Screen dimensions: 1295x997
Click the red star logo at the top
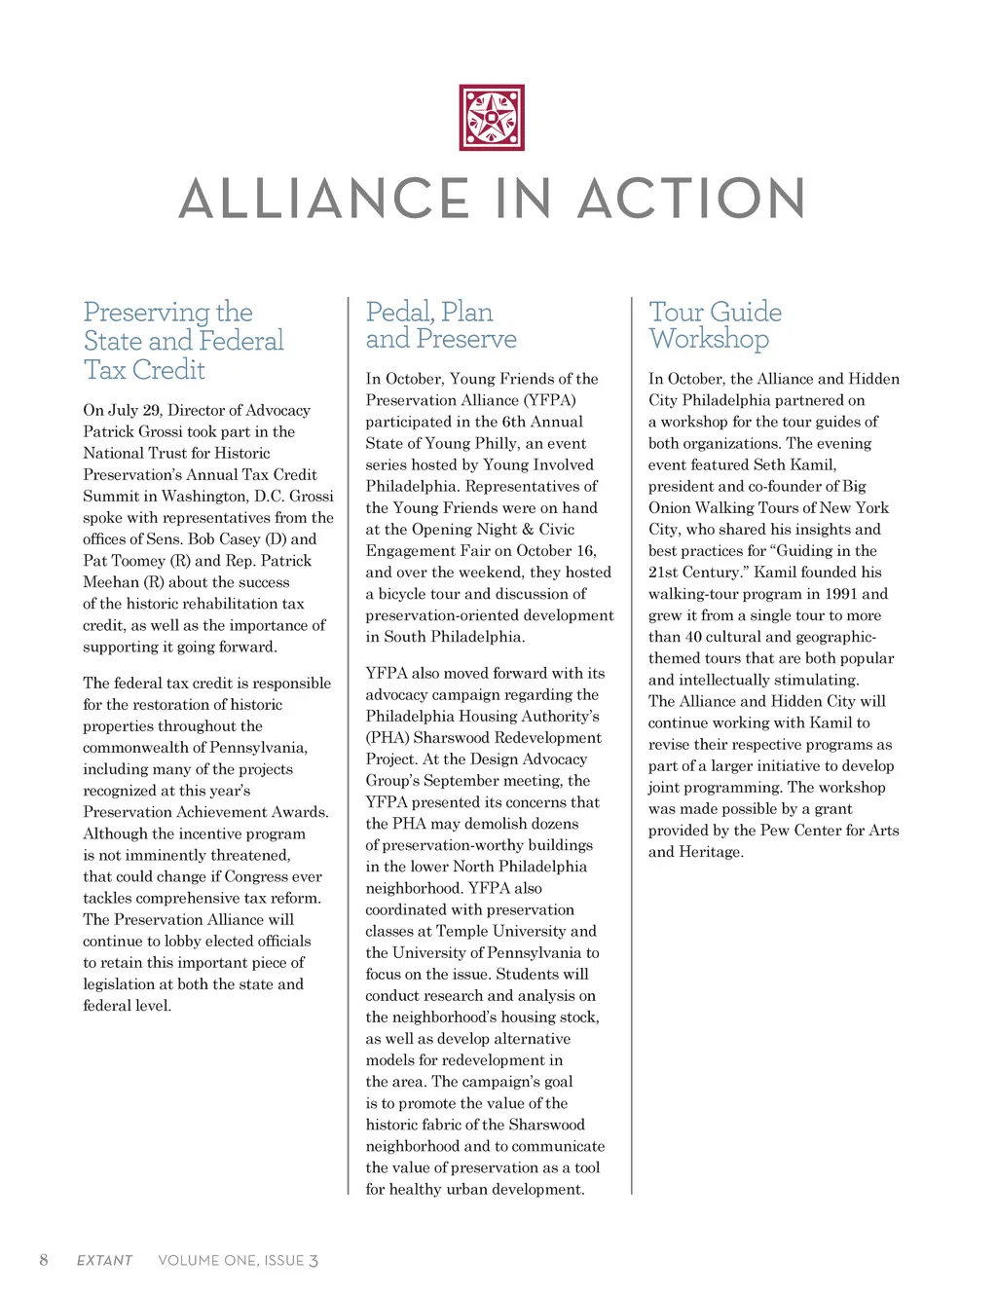(492, 118)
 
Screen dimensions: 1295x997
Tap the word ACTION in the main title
(691, 199)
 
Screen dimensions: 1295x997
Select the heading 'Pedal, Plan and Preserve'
(440, 325)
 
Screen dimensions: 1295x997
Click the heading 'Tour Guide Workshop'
(715, 325)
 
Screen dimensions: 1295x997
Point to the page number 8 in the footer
(43, 1260)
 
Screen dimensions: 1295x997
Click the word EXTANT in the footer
(104, 1260)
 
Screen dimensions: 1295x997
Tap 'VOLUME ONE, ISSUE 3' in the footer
(238, 1260)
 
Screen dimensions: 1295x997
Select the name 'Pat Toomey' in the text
(124, 561)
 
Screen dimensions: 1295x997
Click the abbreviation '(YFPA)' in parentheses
(550, 400)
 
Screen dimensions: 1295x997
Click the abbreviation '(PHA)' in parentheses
(387, 738)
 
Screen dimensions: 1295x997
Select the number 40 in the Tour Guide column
(693, 637)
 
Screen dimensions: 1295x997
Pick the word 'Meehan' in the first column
(111, 582)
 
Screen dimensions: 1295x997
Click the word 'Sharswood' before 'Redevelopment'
(453, 738)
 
